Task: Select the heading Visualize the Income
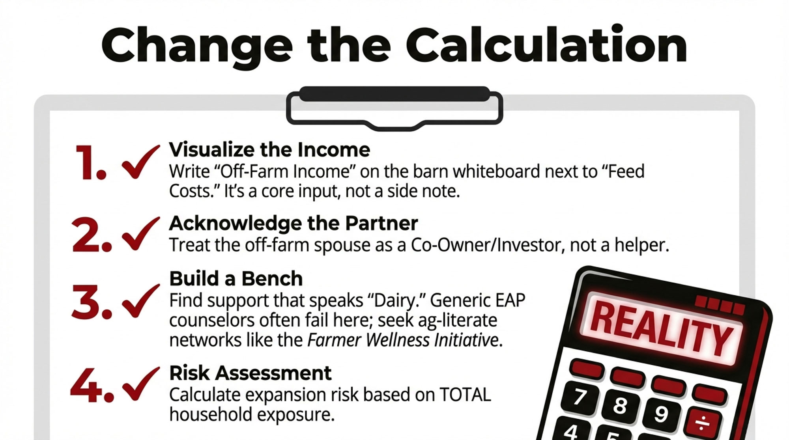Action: click(x=269, y=150)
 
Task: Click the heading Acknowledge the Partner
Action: click(x=294, y=224)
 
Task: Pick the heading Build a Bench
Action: click(x=236, y=279)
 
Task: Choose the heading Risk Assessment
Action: click(x=251, y=373)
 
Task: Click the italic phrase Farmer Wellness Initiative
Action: click(x=403, y=340)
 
